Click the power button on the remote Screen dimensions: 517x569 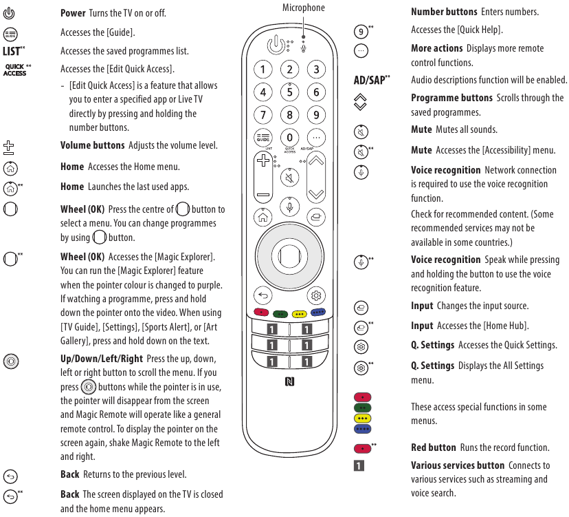click(275, 45)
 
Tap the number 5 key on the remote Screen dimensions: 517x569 click(290, 92)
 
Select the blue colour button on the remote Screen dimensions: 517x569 click(317, 313)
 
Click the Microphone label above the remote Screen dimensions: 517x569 click(304, 8)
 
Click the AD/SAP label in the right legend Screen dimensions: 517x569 click(369, 80)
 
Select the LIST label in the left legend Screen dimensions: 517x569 click(12, 51)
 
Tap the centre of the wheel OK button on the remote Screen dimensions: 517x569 click(289, 255)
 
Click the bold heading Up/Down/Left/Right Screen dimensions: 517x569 click(102, 359)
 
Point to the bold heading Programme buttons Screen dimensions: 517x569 click(451, 98)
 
